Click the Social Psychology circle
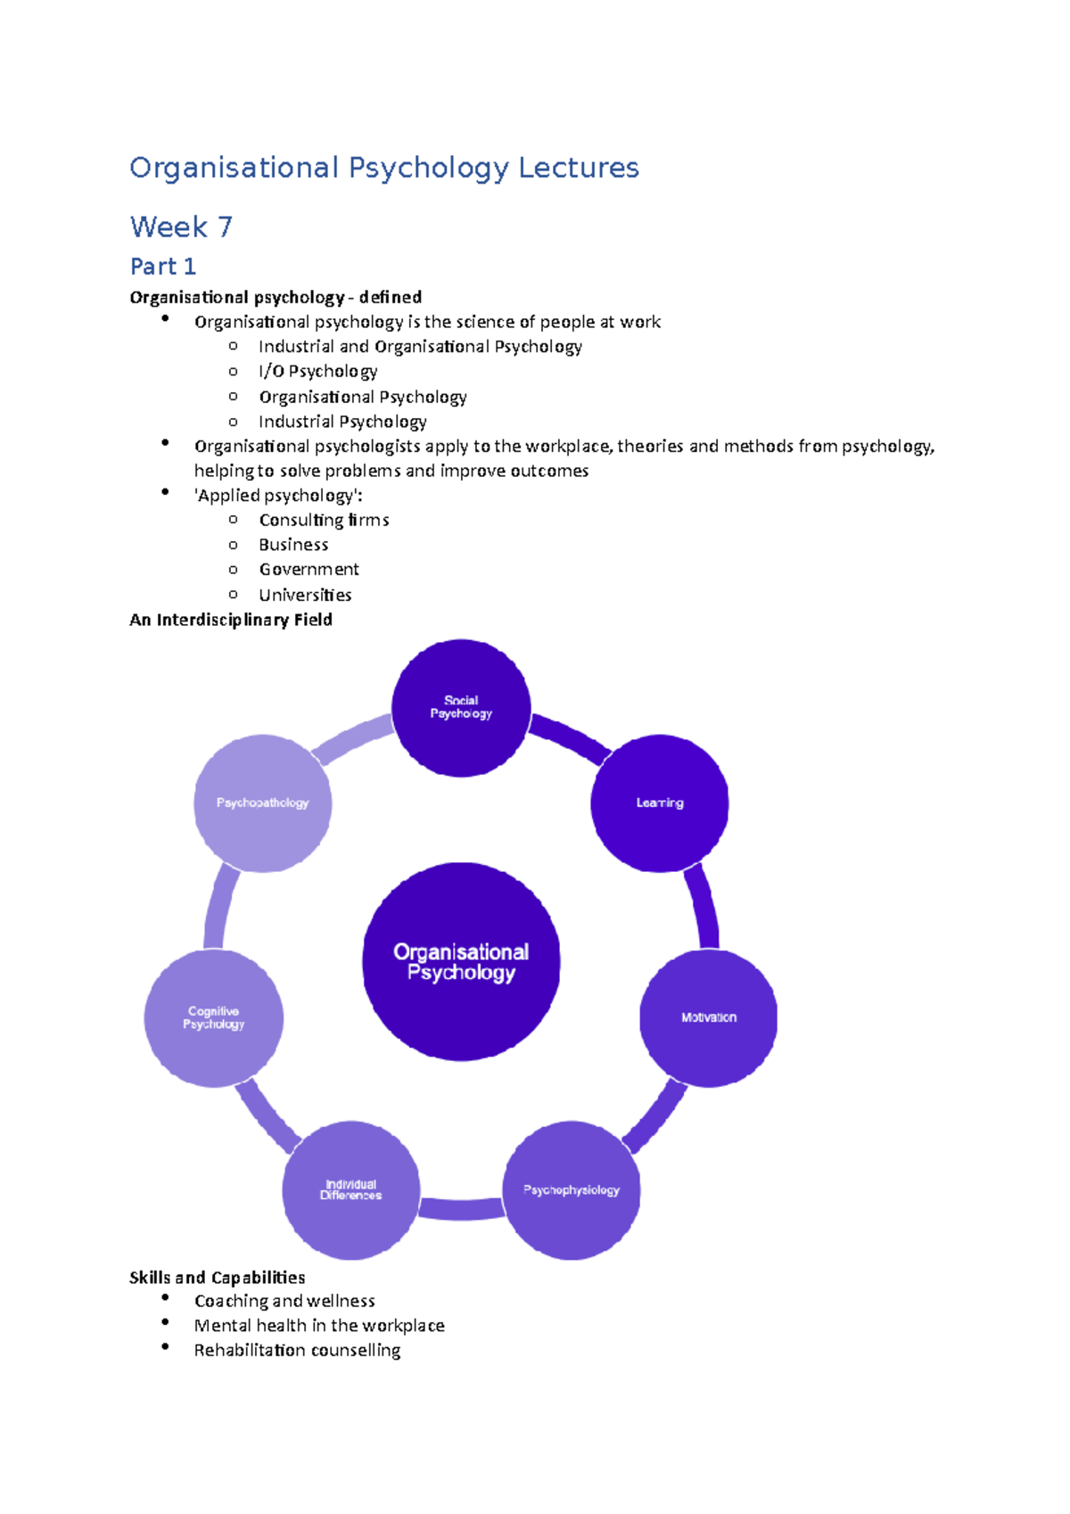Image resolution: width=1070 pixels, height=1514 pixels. [x=461, y=708]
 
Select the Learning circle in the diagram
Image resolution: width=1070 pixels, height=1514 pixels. [x=660, y=803]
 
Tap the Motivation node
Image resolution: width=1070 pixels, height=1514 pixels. [x=709, y=1017]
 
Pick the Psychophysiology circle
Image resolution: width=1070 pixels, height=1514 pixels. [x=572, y=1190]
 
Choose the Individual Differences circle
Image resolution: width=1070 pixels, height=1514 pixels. [x=350, y=1190]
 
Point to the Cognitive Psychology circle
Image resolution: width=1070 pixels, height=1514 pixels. [x=214, y=1018]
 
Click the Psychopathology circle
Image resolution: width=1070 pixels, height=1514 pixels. [x=263, y=803]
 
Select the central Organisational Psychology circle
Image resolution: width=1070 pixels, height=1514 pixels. [x=461, y=962]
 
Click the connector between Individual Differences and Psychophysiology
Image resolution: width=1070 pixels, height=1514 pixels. [x=461, y=1209]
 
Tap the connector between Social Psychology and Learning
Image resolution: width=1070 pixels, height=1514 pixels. [x=569, y=738]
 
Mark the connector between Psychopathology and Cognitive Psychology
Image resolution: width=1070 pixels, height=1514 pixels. [x=219, y=909]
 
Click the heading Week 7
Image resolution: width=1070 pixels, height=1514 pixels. [x=181, y=226]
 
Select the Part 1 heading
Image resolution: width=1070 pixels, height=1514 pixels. [x=162, y=267]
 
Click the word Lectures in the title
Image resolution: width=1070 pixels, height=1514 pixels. [x=579, y=168]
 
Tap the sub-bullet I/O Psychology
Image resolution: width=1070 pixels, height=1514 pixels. [x=317, y=371]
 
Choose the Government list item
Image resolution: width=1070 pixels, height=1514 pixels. [x=309, y=569]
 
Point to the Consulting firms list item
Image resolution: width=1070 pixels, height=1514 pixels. [x=324, y=520]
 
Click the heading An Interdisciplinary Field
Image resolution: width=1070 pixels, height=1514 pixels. [x=231, y=620]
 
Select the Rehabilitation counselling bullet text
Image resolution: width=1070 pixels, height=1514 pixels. [x=297, y=1350]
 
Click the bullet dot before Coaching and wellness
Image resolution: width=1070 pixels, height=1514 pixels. [x=165, y=1298]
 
